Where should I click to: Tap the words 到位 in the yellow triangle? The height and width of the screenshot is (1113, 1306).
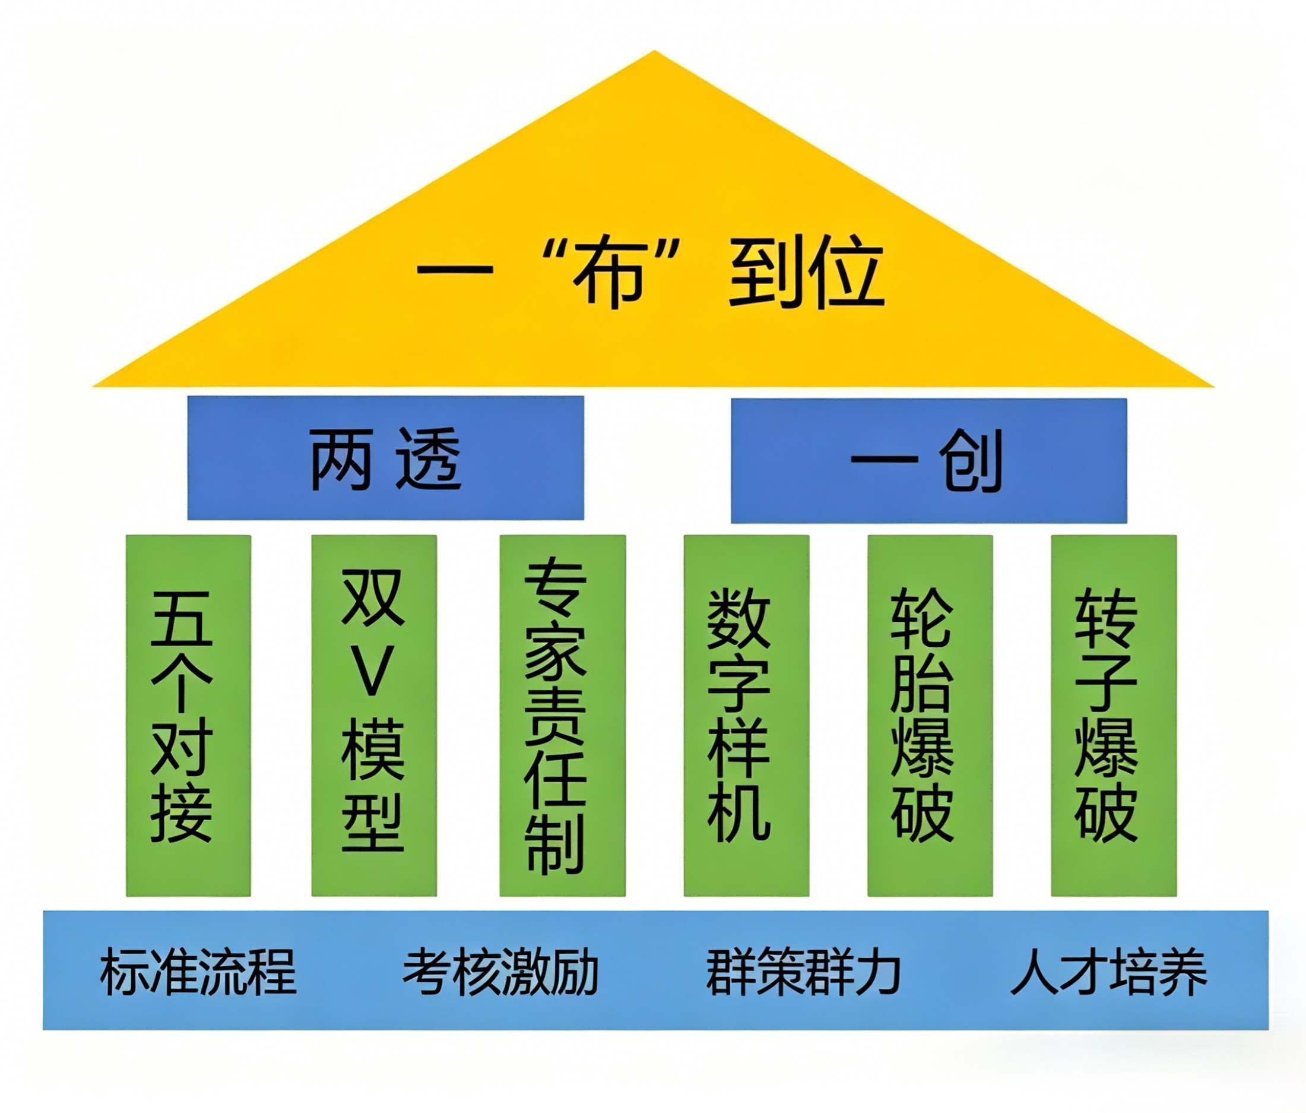pyautogui.click(x=807, y=274)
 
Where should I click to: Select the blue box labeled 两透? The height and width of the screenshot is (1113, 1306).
pyautogui.click(x=386, y=458)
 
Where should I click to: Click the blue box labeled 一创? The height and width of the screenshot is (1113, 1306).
pyautogui.click(x=928, y=460)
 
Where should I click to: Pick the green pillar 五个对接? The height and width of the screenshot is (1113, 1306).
pyautogui.click(x=188, y=715)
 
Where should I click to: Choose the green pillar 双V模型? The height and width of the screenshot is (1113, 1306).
pyautogui.click(x=374, y=715)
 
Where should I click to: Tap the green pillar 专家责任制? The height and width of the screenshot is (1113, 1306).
pyautogui.click(x=562, y=715)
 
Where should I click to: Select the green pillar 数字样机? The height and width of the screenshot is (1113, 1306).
pyautogui.click(x=746, y=715)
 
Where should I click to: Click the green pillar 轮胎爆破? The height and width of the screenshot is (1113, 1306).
pyautogui.click(x=930, y=715)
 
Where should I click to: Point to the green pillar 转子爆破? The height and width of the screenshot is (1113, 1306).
pyautogui.click(x=1114, y=715)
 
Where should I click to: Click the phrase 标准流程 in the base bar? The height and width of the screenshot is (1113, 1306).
pyautogui.click(x=198, y=972)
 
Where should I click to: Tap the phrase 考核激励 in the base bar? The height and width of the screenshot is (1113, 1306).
pyautogui.click(x=501, y=972)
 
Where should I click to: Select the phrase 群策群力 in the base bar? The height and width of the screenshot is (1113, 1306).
pyautogui.click(x=803, y=972)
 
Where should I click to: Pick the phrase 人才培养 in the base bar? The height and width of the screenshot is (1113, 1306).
pyautogui.click(x=1109, y=972)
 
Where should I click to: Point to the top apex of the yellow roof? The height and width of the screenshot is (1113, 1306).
pyautogui.click(x=654, y=53)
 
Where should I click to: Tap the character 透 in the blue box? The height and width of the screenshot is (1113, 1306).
pyautogui.click(x=429, y=459)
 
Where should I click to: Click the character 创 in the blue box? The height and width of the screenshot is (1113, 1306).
pyautogui.click(x=971, y=460)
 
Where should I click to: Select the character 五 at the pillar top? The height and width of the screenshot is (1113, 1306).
pyautogui.click(x=182, y=619)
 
